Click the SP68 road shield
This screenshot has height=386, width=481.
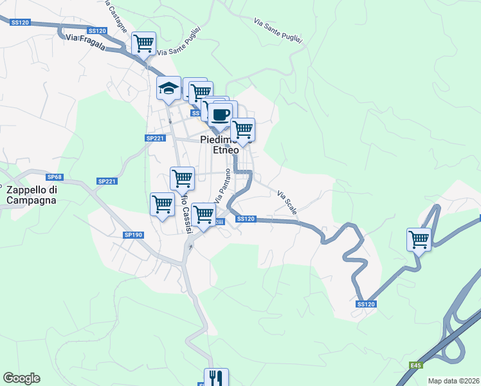point(54,176)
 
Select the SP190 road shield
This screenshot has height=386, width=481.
point(133,235)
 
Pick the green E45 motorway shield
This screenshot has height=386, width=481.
point(416,365)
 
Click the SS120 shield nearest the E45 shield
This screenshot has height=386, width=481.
point(365,304)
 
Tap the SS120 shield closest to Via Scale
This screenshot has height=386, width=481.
point(246,219)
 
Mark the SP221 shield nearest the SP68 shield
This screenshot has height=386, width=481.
point(107,181)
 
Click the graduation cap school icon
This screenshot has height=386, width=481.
point(169,89)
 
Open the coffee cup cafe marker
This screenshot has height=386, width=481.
point(220,114)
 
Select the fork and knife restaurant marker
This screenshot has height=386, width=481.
point(216,378)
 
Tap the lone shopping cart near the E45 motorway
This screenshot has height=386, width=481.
point(419,239)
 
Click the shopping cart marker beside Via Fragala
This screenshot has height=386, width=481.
point(143,44)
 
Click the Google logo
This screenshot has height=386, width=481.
point(21,378)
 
